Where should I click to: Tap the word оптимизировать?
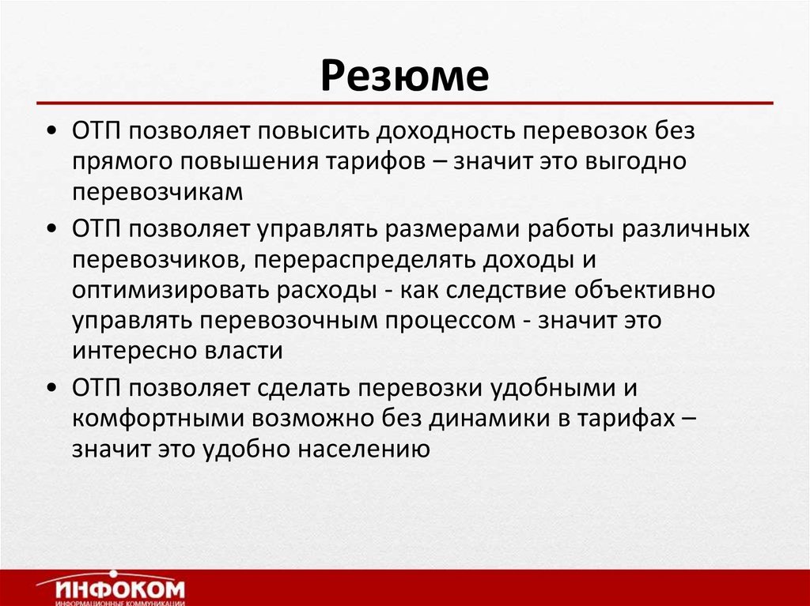tap(168, 289)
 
